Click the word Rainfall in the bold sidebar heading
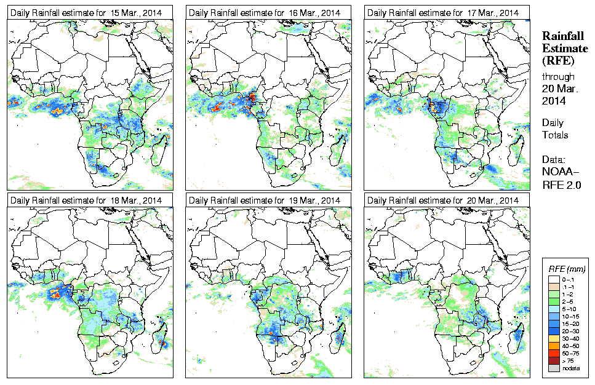562,36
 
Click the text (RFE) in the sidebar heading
557,61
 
